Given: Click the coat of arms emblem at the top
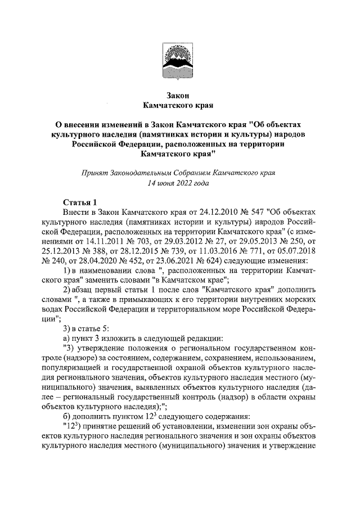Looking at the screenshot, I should (x=179, y=60).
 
